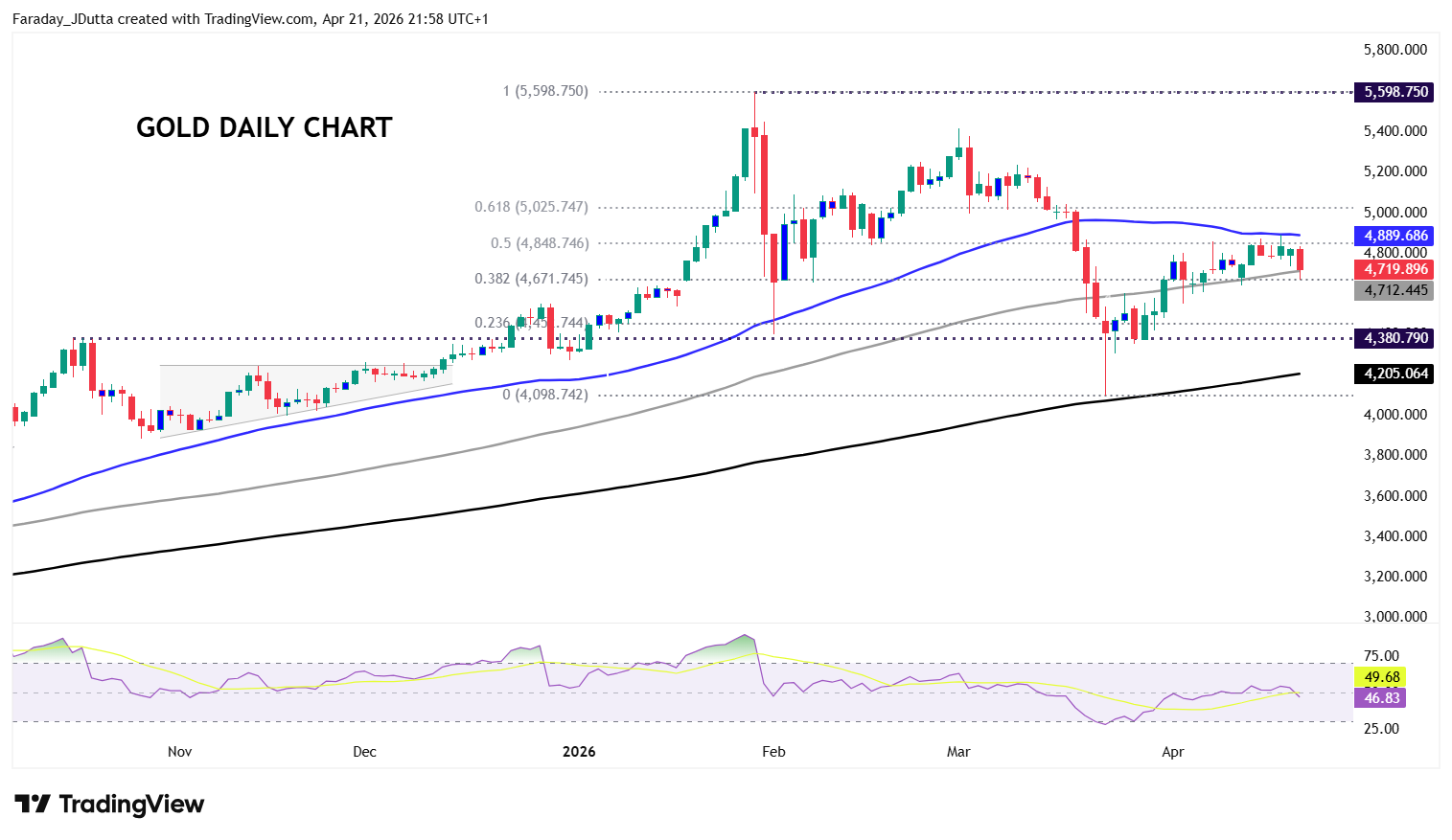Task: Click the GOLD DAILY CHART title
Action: (x=264, y=127)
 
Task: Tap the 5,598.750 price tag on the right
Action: (x=1395, y=92)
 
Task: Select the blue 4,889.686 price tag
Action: (x=1395, y=236)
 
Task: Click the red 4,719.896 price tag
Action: (x=1395, y=269)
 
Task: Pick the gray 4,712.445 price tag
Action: (x=1395, y=290)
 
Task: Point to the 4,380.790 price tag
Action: (x=1395, y=338)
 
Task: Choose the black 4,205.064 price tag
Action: (x=1395, y=374)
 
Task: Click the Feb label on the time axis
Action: (x=773, y=752)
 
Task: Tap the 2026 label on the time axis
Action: (x=579, y=752)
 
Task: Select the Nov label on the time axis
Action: (x=179, y=752)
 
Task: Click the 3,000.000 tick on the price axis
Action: (x=1394, y=617)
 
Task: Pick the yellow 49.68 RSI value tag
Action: (x=1382, y=677)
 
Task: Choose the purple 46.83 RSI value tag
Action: (x=1382, y=698)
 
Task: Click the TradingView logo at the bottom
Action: (x=109, y=805)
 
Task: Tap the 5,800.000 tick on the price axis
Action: (x=1394, y=50)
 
